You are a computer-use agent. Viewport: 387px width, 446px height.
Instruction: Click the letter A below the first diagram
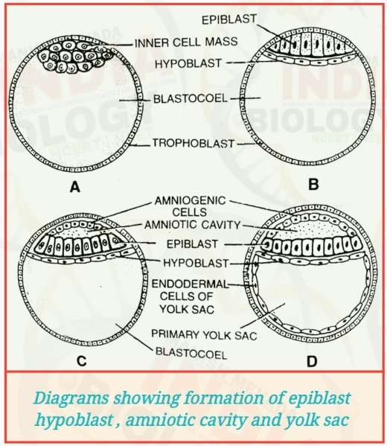[x=74, y=188]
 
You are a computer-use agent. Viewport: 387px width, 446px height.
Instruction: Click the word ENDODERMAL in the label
[x=185, y=283]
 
